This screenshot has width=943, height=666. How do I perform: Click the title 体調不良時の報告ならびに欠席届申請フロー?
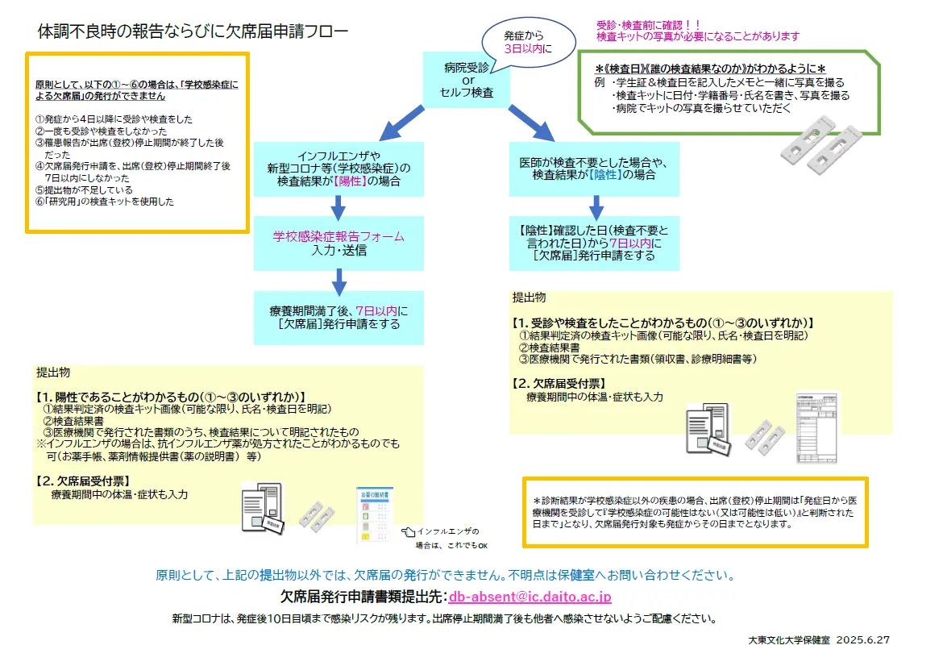click(x=193, y=31)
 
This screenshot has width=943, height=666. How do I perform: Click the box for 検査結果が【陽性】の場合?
click(x=338, y=169)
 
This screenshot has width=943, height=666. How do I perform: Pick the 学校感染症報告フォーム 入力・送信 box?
click(x=338, y=244)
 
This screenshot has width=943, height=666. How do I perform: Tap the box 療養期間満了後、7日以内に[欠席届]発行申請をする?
click(x=338, y=318)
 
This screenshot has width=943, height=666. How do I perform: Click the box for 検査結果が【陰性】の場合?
click(x=594, y=169)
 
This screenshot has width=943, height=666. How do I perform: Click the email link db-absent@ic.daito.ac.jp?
click(x=530, y=597)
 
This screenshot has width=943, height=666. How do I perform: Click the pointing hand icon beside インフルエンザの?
click(x=409, y=531)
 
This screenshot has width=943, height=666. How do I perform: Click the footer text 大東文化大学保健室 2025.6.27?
click(x=819, y=639)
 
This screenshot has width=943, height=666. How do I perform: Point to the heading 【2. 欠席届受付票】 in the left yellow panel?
click(x=83, y=481)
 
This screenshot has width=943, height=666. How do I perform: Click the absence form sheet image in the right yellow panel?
click(x=816, y=427)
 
